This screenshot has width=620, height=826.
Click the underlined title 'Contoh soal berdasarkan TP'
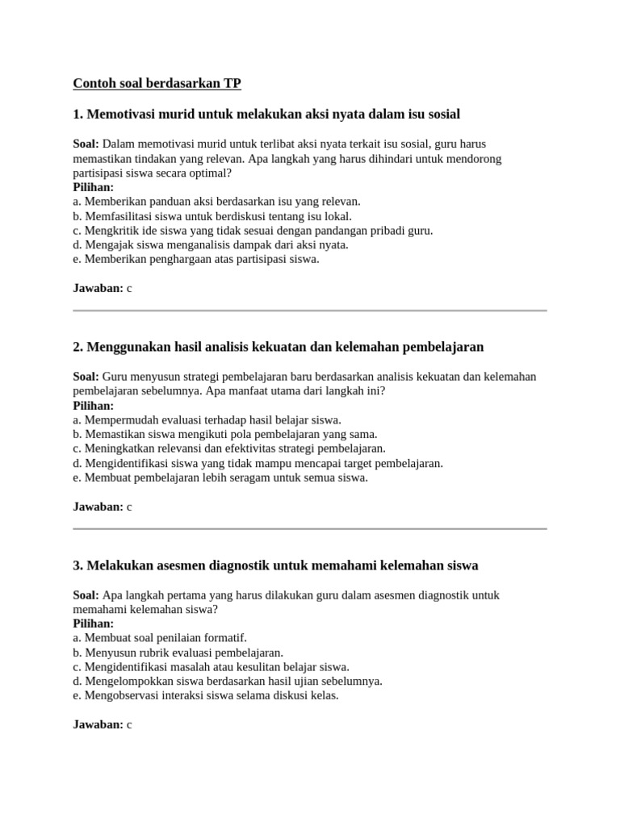[x=157, y=83]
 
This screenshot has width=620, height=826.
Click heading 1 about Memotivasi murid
[x=266, y=115]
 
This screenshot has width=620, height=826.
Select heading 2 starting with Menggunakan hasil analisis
[x=278, y=347]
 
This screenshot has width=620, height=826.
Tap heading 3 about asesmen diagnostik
[x=275, y=565]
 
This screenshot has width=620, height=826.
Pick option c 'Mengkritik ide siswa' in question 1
[x=253, y=230]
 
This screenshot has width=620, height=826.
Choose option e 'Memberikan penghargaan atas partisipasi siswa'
[x=196, y=259]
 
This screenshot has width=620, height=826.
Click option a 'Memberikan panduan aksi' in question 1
[x=216, y=201]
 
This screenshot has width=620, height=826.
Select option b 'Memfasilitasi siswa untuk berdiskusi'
[x=212, y=215]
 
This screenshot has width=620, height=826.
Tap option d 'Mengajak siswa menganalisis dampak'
[x=210, y=244]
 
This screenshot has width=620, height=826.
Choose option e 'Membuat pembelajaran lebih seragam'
[x=220, y=478]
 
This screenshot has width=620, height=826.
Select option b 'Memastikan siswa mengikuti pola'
[x=225, y=434]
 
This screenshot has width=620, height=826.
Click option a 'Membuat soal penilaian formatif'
[x=160, y=637]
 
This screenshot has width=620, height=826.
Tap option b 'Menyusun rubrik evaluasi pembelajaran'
[x=178, y=652]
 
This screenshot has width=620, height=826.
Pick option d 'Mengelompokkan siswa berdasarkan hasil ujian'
[x=228, y=681]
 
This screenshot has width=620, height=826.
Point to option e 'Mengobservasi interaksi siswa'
[x=206, y=695]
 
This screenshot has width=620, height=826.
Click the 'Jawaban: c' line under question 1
[x=102, y=288]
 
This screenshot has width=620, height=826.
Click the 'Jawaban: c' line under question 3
[x=102, y=724]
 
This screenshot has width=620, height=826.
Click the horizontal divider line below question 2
[x=310, y=529]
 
